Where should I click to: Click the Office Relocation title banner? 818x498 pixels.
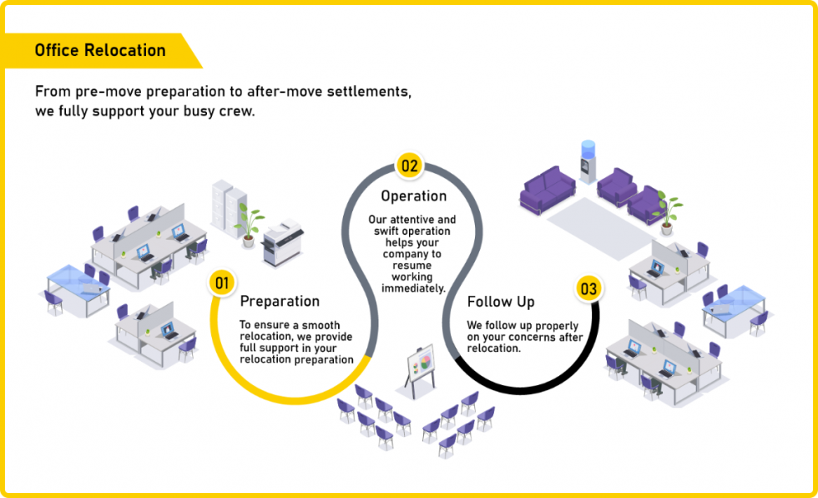tap(100, 50)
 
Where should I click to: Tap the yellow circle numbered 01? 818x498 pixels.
tap(222, 283)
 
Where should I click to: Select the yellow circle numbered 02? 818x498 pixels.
tap(409, 165)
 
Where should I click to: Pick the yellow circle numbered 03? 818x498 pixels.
tap(588, 289)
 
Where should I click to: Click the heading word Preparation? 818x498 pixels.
tap(280, 301)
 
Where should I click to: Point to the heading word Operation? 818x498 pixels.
tap(413, 196)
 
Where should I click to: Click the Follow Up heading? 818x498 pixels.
tap(501, 302)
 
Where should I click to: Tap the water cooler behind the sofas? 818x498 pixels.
tap(589, 163)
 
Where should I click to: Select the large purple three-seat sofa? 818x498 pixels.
tap(548, 189)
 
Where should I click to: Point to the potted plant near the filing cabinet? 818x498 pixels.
tap(248, 224)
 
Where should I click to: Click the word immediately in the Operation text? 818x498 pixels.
tap(413, 287)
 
